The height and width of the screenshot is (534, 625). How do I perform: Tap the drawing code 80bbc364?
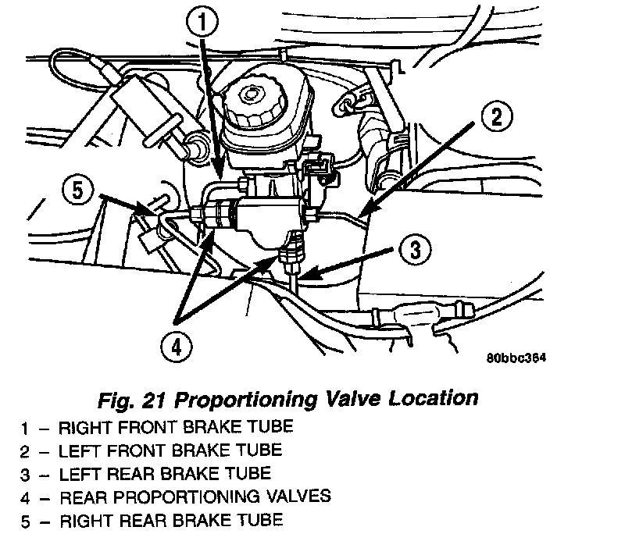(515, 359)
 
